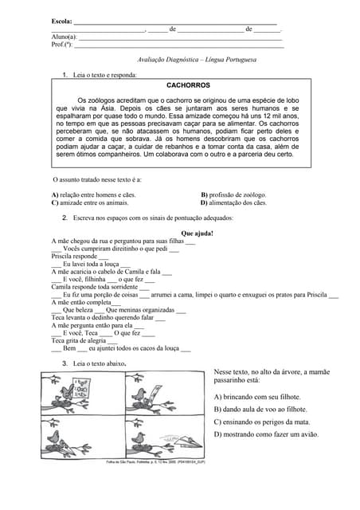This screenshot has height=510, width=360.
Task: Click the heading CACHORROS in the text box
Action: pos(188,84)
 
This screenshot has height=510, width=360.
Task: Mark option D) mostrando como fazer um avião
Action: pos(266,434)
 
